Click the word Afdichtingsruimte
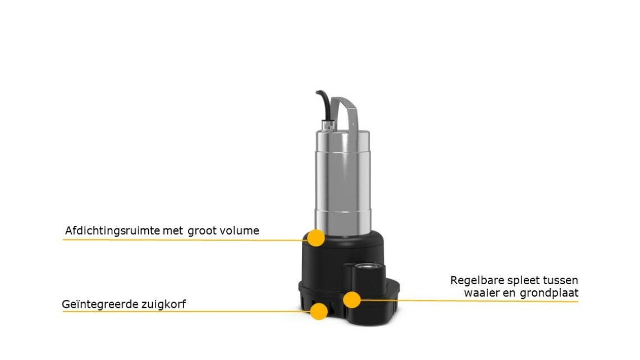click(x=112, y=231)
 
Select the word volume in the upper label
click(x=240, y=231)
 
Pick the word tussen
click(x=560, y=280)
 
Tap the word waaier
click(x=482, y=293)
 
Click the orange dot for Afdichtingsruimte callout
click(x=316, y=238)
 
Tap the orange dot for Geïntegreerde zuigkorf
click(x=319, y=312)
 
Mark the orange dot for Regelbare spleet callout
click(x=351, y=300)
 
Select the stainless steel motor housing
click(x=343, y=181)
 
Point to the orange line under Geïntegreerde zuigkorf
click(x=186, y=312)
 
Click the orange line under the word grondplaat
click(x=469, y=301)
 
